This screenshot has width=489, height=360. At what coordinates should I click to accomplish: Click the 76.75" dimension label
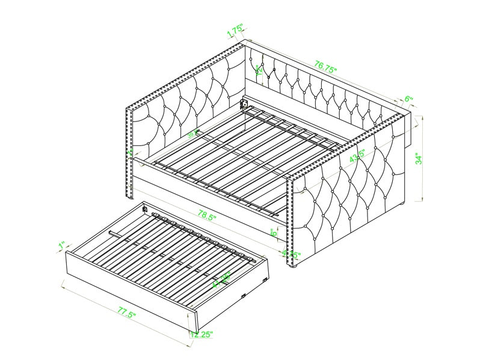pyautogui.click(x=325, y=65)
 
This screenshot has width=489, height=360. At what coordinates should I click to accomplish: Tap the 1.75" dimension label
pyautogui.click(x=235, y=31)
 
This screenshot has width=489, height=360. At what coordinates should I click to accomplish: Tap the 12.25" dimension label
pyautogui.click(x=202, y=334)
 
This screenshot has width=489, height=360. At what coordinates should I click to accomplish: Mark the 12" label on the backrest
pyautogui.click(x=259, y=70)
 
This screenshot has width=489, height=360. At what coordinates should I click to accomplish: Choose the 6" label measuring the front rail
pyautogui.click(x=274, y=233)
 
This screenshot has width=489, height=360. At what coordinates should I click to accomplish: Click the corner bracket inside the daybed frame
pyautogui.click(x=244, y=103)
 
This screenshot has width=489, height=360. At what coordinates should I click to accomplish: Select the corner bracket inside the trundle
pyautogui.click(x=145, y=209)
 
